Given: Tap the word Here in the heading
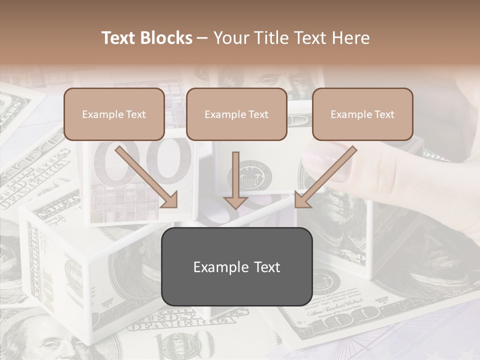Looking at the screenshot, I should pos(351,38).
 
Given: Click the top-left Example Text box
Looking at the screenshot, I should pos(114,114).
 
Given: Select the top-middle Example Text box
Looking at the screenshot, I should pos(236,114).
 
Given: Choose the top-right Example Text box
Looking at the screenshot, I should pos(362,114).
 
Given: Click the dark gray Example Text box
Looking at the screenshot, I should pos(236,267).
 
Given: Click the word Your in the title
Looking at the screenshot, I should pos(229,38).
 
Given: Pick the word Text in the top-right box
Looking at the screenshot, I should pos(384,114).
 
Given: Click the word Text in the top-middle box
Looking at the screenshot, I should pos(258,114).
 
